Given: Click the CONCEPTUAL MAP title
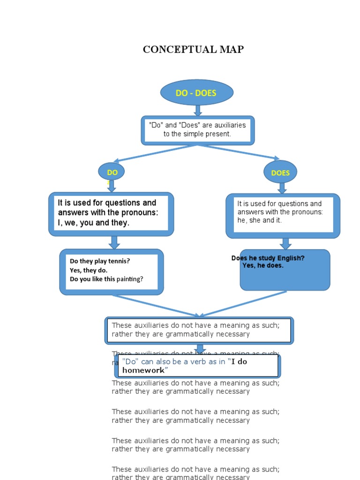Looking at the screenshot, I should click(193, 49).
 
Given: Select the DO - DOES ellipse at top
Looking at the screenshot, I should click(196, 93).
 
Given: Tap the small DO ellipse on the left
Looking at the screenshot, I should click(112, 172).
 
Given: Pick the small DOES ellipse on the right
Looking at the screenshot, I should click(280, 172).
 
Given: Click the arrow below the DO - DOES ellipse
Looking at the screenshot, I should click(198, 111).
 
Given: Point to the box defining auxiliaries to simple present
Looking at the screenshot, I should click(197, 130).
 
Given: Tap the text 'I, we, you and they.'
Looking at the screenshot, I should click(93, 223).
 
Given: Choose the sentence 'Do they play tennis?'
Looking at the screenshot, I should click(100, 261).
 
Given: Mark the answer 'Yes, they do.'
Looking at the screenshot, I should click(89, 270).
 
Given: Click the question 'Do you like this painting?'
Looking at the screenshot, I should click(106, 279).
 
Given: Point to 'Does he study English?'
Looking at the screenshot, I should click(268, 258).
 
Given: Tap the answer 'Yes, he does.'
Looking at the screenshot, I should click(262, 266).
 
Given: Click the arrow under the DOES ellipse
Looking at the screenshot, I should click(282, 188).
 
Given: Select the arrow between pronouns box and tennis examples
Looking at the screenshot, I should click(114, 242).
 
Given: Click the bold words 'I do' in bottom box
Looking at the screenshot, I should click(240, 361).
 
